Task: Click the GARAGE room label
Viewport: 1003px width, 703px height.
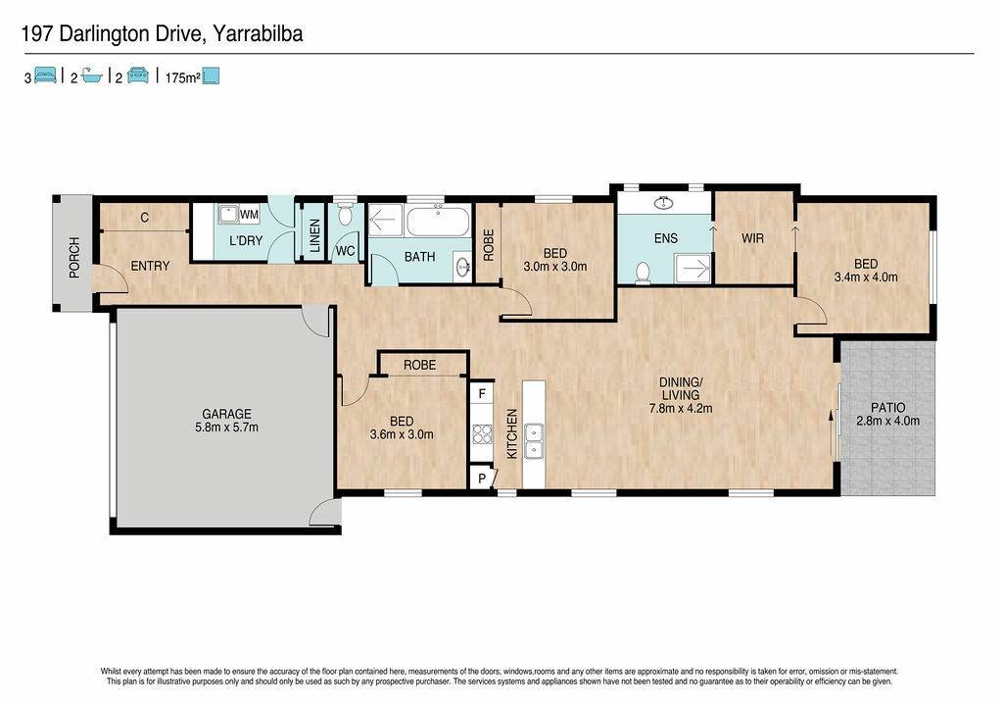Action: [x=226, y=414]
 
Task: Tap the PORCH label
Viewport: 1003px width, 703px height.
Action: [x=74, y=258]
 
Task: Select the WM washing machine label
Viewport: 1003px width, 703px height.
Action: [x=249, y=215]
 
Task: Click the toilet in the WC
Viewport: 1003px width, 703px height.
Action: [x=346, y=214]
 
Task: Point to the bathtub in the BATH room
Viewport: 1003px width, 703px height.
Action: [x=438, y=221]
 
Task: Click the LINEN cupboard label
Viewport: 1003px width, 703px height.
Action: [x=314, y=235]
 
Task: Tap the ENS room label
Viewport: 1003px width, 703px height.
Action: [x=665, y=238]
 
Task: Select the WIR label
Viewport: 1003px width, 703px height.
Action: [x=752, y=238]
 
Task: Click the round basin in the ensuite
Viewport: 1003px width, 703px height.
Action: [x=665, y=203]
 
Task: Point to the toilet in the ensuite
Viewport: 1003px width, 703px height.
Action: [x=643, y=273]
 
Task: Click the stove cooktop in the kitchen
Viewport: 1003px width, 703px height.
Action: [x=482, y=434]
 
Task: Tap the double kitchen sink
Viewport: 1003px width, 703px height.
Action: [x=534, y=442]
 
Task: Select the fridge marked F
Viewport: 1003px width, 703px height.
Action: [x=482, y=394]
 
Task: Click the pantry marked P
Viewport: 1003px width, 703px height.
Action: [x=482, y=478]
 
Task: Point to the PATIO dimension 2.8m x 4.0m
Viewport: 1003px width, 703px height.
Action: [x=887, y=421]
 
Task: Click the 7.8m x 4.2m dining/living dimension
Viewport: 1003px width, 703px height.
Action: [x=680, y=408]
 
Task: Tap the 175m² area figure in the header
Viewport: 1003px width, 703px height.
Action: [x=182, y=78]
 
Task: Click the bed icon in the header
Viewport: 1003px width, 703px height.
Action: [x=45, y=75]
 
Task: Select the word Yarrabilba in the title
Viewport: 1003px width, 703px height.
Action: [x=258, y=33]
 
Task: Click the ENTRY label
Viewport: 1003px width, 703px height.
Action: [x=150, y=266]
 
